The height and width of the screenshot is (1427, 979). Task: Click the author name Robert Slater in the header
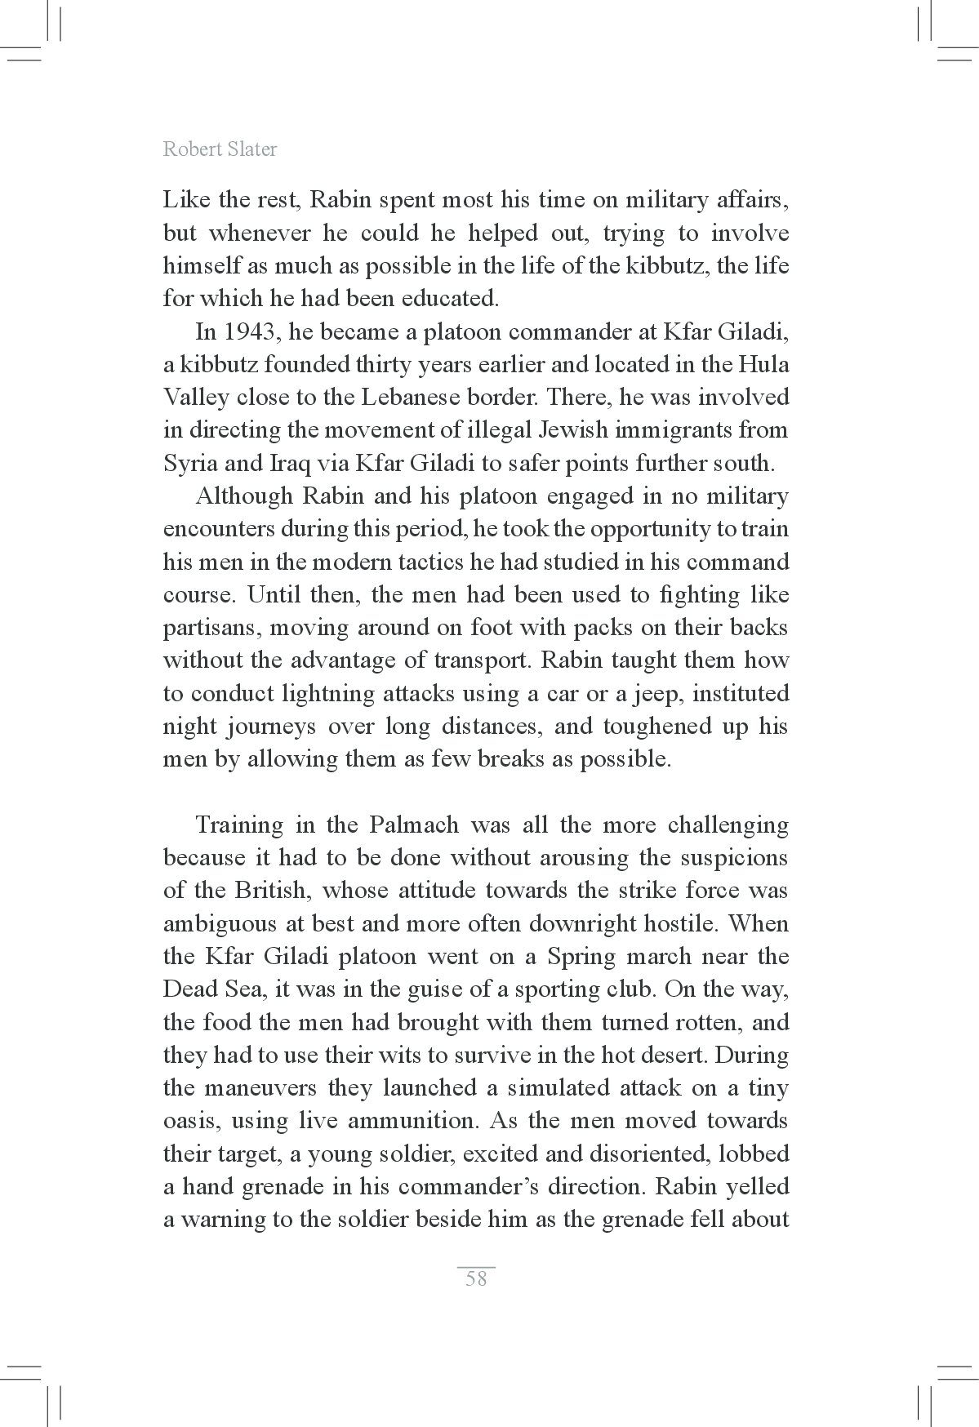point(220,149)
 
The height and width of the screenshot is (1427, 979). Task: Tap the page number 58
point(476,1278)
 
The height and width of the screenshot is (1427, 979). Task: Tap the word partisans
point(212,628)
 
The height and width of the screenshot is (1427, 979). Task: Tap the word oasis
point(190,1121)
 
